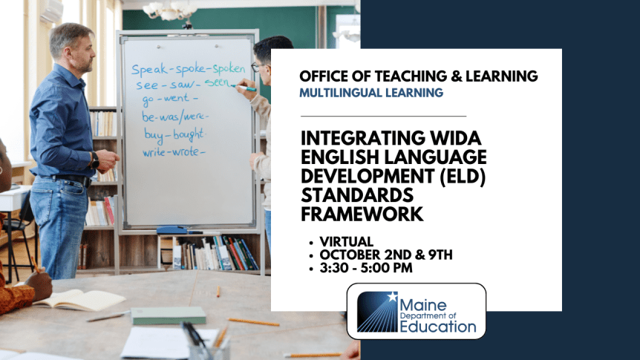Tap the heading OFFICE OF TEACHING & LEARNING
tap(419, 76)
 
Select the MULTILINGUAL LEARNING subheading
tap(371, 94)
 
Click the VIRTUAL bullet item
tap(347, 242)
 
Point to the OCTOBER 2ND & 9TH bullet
tap(387, 255)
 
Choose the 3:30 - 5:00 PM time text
tap(366, 267)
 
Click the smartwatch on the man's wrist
tap(95, 159)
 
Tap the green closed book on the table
tap(169, 315)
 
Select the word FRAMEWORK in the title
tap(362, 214)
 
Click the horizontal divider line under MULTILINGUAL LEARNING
tap(383, 116)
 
